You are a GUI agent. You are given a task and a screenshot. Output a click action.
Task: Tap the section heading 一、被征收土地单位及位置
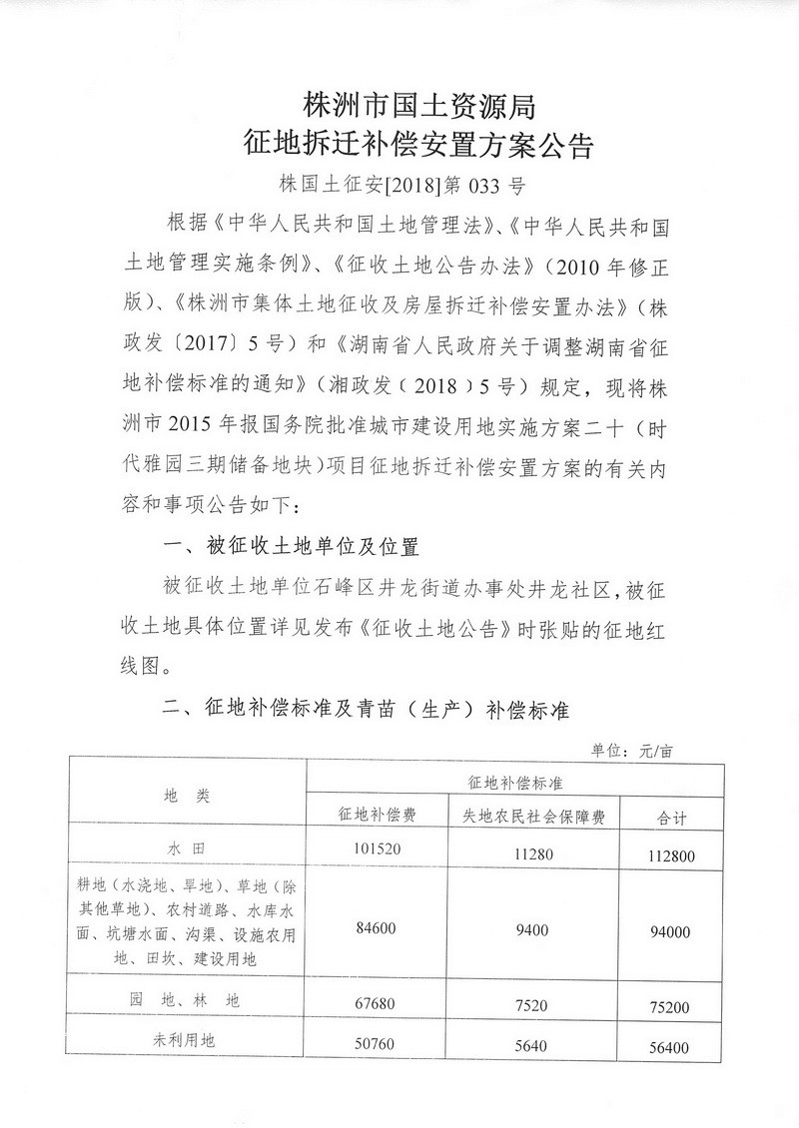tap(290, 547)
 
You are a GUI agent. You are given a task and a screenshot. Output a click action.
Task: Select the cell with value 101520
tap(377, 850)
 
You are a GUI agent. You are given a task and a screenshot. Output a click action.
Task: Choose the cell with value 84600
tap(377, 928)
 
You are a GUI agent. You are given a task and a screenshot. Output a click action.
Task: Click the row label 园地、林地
tap(187, 998)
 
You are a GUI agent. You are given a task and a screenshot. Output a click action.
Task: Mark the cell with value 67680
tap(377, 1003)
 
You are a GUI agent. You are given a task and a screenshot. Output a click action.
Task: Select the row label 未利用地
tap(187, 1040)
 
